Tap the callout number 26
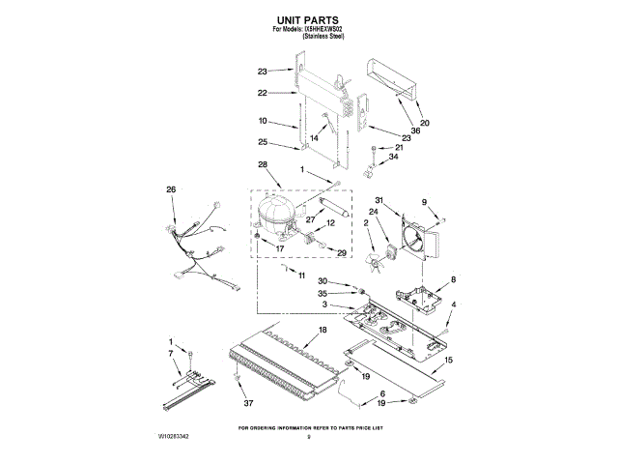tap(171, 189)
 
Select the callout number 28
tap(263, 165)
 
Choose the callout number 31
tap(379, 201)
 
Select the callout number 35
tap(323, 292)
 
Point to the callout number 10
tap(263, 122)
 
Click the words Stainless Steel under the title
tap(323, 37)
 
